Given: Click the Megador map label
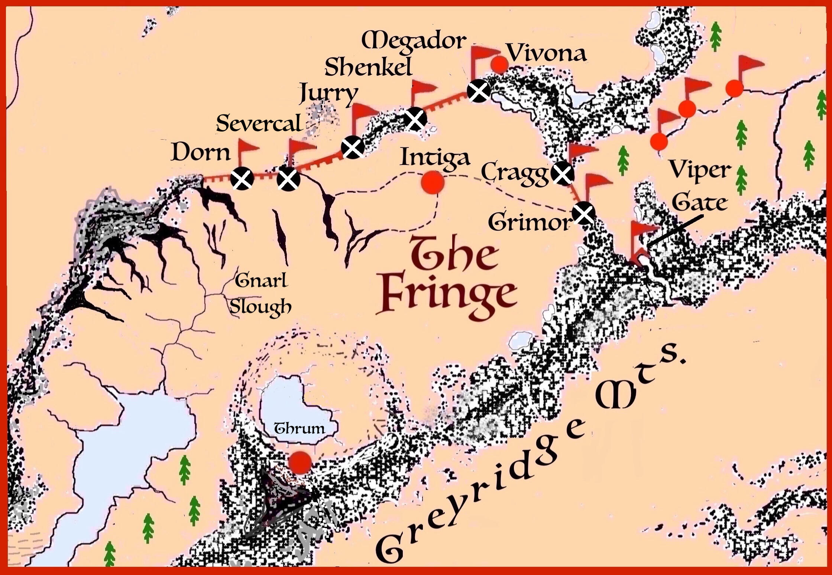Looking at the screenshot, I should [414, 42].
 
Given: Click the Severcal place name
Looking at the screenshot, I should [259, 124].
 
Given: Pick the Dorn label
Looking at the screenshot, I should [201, 153].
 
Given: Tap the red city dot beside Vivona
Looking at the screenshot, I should [499, 65].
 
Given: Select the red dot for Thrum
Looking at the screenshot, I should [300, 462].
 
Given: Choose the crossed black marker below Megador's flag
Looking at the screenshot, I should [478, 91].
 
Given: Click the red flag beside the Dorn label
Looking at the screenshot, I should [247, 149].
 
